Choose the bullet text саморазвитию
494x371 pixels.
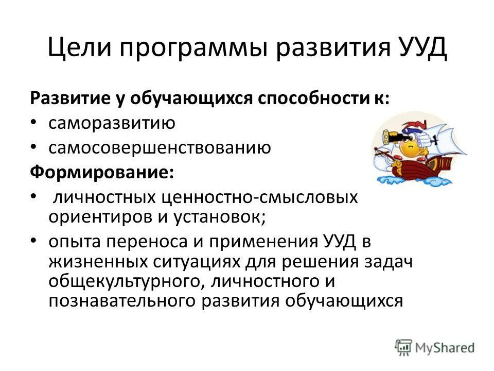[x=112, y=124]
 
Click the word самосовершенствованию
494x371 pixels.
[x=160, y=148]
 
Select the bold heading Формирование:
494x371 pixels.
[x=101, y=172]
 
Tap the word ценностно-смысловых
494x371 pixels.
[x=259, y=197]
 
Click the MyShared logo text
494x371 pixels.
[x=443, y=347]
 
